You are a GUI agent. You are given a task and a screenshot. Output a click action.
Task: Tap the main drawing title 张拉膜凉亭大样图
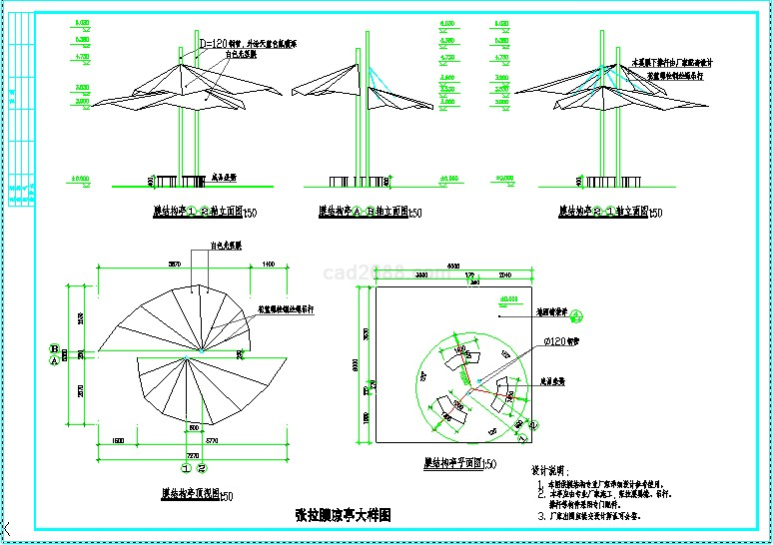tap(343, 515)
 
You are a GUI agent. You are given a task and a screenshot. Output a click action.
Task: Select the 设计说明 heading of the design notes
tap(548, 470)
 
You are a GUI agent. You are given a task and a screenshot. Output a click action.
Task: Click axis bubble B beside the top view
tap(54, 347)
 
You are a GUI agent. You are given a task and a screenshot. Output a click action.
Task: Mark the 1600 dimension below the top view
tap(117, 440)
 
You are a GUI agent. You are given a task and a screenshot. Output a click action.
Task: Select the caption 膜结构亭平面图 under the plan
tap(453, 464)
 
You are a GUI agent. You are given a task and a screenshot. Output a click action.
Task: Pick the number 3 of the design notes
tap(538, 516)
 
